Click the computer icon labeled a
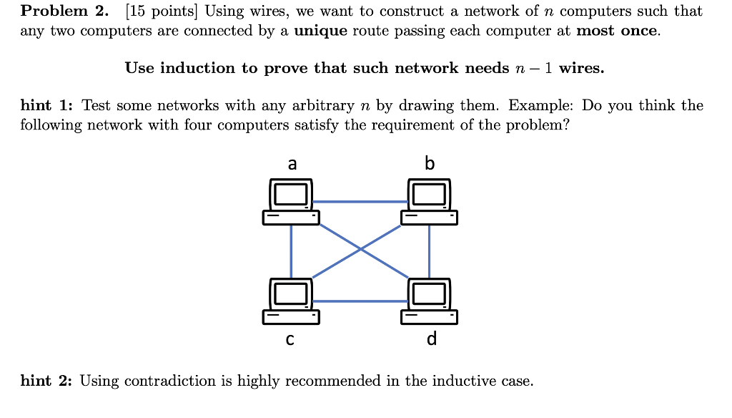290,202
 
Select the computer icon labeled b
429,202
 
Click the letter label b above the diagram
429,164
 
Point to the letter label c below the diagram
290,339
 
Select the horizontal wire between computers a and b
360,202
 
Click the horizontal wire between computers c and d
360,301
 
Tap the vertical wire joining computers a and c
291,251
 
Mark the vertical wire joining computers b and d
429,251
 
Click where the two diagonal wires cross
360,251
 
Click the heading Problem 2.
64,11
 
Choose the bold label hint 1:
47,106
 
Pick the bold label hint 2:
47,381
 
